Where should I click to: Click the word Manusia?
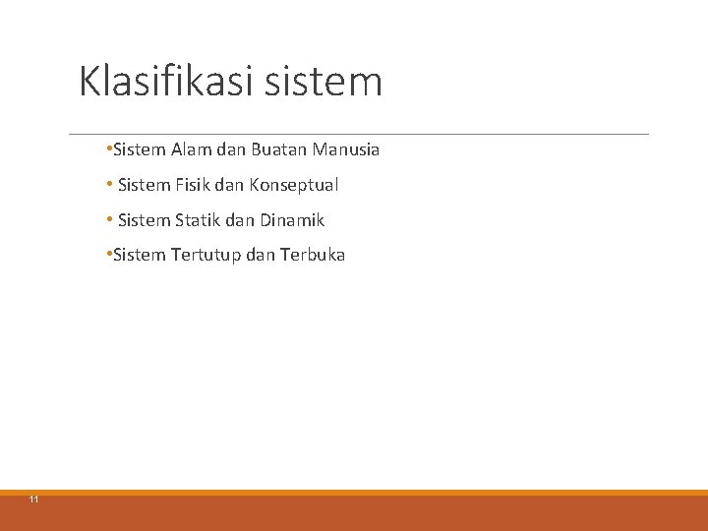coord(346,150)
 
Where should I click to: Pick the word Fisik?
coord(195,185)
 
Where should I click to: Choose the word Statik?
coord(199,220)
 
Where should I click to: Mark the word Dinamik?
coord(292,220)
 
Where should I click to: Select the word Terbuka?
coord(313,255)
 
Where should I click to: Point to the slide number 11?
coord(34,501)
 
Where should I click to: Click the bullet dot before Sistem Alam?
coord(106,150)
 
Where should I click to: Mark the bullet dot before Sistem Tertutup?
coord(106,255)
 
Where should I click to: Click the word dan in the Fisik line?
coord(233,185)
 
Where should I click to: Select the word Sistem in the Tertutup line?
coord(140,255)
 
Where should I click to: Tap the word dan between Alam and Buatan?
coord(231,150)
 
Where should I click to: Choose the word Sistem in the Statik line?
coord(144,220)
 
